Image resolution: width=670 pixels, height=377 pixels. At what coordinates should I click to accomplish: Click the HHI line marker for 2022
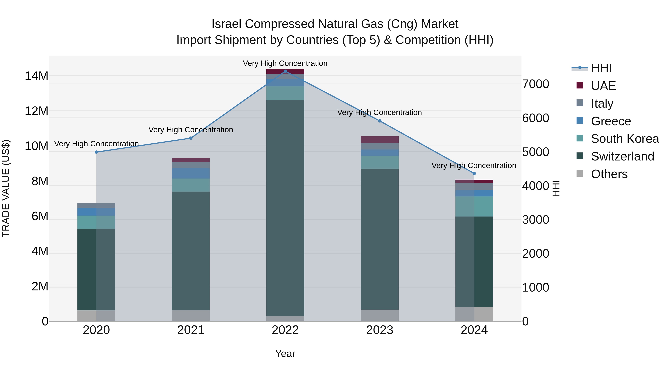[x=285, y=71]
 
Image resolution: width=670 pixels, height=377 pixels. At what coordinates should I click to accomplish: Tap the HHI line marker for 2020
[x=96, y=152]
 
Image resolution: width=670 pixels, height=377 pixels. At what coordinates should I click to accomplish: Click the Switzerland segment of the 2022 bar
[x=285, y=208]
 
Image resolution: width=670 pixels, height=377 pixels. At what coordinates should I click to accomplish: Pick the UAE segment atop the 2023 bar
[x=379, y=140]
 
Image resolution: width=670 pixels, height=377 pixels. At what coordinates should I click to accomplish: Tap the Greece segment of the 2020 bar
[x=96, y=212]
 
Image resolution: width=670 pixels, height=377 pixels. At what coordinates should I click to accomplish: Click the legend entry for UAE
[x=603, y=86]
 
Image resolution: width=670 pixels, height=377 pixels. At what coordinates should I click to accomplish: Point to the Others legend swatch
[x=580, y=174]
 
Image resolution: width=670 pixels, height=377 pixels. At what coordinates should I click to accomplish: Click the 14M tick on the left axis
[x=36, y=76]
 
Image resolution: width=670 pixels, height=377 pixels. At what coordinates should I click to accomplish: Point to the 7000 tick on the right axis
[x=535, y=84]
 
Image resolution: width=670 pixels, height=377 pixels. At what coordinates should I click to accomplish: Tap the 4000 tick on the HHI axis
[x=535, y=186]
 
